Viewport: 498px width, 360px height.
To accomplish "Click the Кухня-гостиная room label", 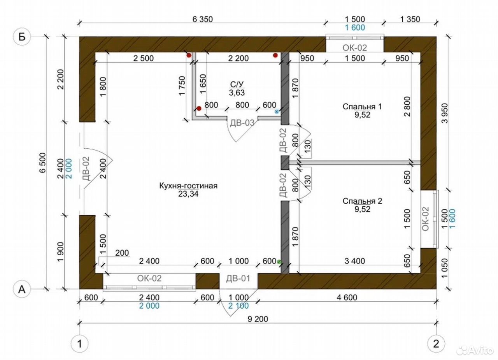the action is (188, 186).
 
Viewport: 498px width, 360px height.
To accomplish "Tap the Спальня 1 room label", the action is (362, 107).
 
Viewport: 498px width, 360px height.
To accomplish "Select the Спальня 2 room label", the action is (362, 201).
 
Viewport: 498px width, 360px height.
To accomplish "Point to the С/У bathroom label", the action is (237, 84).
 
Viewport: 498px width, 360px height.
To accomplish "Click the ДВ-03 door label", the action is (242, 123).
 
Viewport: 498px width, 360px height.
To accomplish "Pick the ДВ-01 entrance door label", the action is (238, 278).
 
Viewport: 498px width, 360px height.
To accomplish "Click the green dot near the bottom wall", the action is (279, 262).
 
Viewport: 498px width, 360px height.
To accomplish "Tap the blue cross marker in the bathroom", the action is (277, 112).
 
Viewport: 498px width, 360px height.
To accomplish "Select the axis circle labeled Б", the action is (22, 37).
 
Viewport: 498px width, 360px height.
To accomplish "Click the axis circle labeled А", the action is (22, 290).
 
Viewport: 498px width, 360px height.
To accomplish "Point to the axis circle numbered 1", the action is (80, 344).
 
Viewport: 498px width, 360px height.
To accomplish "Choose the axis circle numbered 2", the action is (436, 344).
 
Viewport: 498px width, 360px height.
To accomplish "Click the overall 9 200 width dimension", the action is (258, 319).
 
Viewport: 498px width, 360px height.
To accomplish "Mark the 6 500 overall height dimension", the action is (42, 163).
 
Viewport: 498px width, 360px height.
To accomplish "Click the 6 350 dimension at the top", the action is (203, 19).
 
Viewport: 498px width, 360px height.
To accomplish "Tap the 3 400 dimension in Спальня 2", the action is (355, 261).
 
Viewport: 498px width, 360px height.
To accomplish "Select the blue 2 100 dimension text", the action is (238, 306).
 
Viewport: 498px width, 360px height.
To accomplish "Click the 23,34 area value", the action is (188, 194).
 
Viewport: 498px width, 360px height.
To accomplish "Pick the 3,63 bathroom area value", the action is (237, 93).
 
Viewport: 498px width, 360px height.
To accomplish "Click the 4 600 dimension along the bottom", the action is (347, 297).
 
